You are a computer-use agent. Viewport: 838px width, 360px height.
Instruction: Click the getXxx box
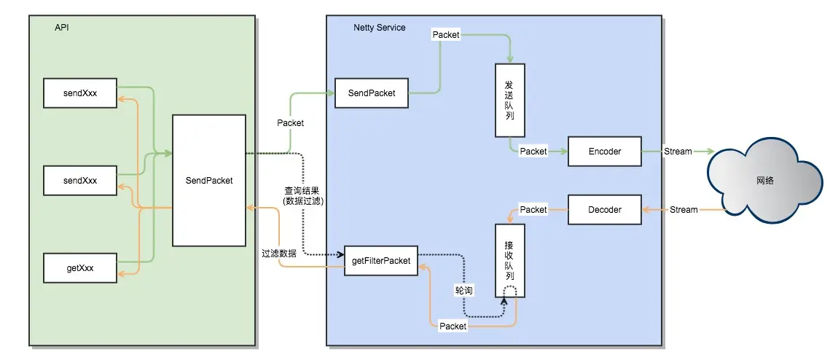(x=80, y=268)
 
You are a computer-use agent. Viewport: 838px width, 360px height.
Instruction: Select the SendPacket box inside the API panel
(x=208, y=180)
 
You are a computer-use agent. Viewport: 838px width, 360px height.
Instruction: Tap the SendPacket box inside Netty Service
(x=372, y=93)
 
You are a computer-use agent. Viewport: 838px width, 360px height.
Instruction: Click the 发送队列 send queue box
(x=509, y=101)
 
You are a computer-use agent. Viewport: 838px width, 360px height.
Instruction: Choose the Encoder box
(x=605, y=151)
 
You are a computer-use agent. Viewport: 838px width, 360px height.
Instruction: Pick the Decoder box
(x=605, y=210)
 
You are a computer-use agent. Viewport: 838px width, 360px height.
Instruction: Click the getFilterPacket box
(x=381, y=260)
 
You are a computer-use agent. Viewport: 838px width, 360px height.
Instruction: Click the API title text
(x=61, y=28)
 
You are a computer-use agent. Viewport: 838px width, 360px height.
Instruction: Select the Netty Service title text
(x=380, y=28)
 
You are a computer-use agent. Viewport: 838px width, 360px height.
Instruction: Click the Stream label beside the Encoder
(x=678, y=151)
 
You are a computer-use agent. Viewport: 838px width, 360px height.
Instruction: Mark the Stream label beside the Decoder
(x=683, y=210)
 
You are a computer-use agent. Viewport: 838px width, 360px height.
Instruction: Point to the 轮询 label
(x=463, y=290)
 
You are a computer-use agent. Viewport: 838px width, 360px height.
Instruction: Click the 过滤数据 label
(x=279, y=254)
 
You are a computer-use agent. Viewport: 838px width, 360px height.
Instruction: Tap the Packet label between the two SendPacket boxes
(x=290, y=123)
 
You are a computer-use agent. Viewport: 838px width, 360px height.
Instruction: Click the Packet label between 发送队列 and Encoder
(x=533, y=151)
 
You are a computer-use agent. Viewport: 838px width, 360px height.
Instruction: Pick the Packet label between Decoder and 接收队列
(x=533, y=210)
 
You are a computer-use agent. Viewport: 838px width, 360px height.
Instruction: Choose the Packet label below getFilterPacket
(x=453, y=326)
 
